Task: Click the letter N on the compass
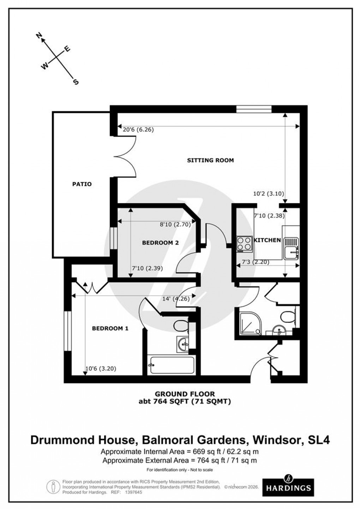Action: pyautogui.click(x=39, y=35)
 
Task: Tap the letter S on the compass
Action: pyautogui.click(x=75, y=82)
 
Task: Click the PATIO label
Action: pyautogui.click(x=82, y=184)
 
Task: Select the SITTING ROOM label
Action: pyautogui.click(x=210, y=160)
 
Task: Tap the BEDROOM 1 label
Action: pyautogui.click(x=110, y=329)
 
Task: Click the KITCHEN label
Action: pyautogui.click(x=267, y=240)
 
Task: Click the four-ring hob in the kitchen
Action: pyautogui.click(x=244, y=244)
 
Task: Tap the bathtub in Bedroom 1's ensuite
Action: pyautogui.click(x=172, y=365)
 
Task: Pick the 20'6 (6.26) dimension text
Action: pyautogui.click(x=138, y=130)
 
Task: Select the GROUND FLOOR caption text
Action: pyautogui.click(x=185, y=394)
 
